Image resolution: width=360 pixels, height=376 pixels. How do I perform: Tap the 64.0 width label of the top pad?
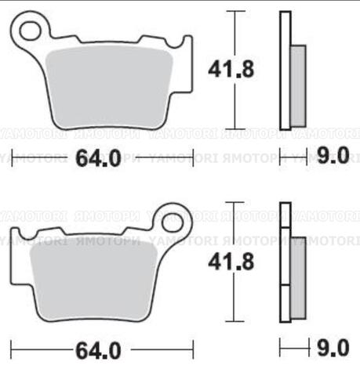(99, 158)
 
